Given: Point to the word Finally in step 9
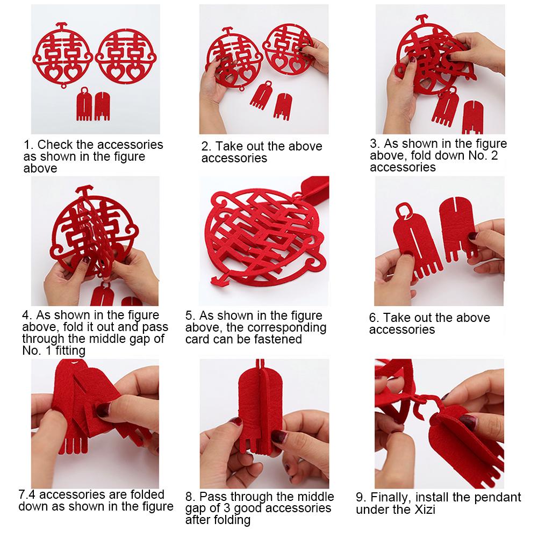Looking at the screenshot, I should coord(390,497).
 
